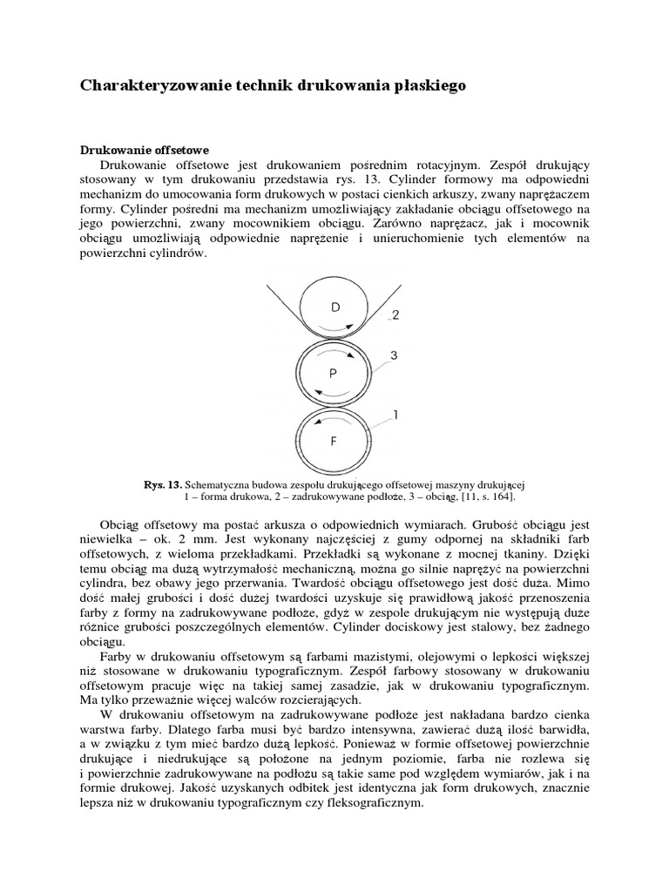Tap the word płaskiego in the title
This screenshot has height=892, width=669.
coord(429,85)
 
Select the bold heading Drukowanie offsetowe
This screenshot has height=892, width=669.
coord(145,150)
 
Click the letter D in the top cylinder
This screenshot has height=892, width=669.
coord(336,307)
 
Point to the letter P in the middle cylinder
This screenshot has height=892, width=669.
coord(333,374)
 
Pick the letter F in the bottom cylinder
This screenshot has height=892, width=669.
coord(333,442)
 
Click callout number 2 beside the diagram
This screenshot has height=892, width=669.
coord(395,315)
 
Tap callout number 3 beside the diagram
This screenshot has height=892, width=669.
coord(394,355)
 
